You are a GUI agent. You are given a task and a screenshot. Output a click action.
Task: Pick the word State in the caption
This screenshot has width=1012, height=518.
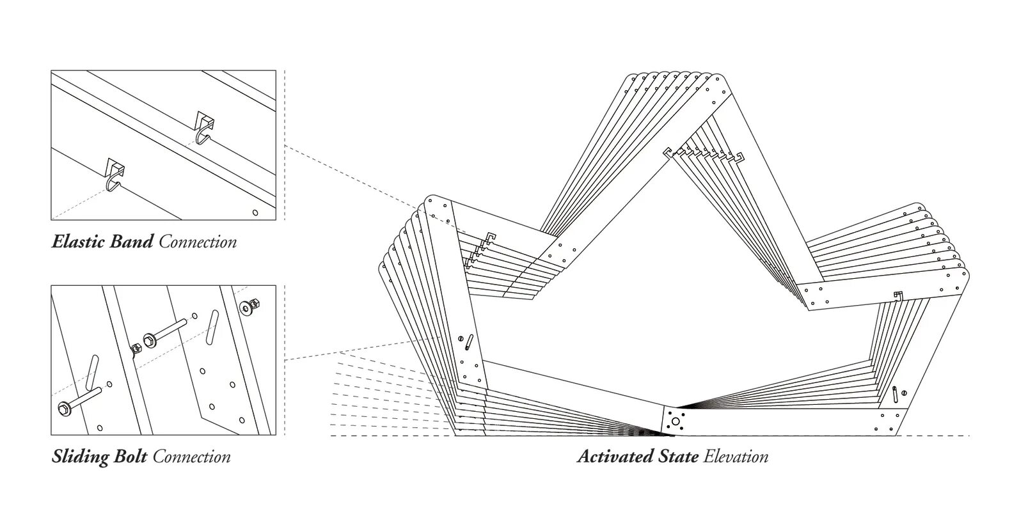click(678, 457)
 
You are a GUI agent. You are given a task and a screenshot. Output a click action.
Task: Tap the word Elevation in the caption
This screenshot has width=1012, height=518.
click(736, 457)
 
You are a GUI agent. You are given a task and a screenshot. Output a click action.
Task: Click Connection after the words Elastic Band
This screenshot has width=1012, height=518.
click(198, 242)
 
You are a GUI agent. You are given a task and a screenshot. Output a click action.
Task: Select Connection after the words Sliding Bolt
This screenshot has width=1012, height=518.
click(192, 457)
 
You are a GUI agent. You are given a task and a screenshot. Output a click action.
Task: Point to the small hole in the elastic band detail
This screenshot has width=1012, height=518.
click(255, 212)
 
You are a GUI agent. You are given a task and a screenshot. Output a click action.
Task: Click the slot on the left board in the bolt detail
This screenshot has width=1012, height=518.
click(92, 373)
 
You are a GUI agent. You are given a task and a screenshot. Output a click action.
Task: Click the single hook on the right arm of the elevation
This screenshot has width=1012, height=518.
click(898, 295)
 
